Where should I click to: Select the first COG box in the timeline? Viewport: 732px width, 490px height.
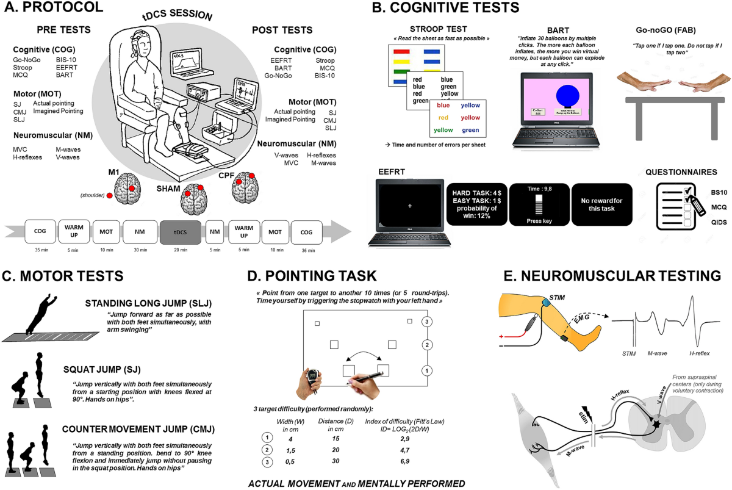(40, 232)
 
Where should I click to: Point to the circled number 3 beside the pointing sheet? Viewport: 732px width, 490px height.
(428, 322)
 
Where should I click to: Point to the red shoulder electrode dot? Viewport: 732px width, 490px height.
(109, 195)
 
